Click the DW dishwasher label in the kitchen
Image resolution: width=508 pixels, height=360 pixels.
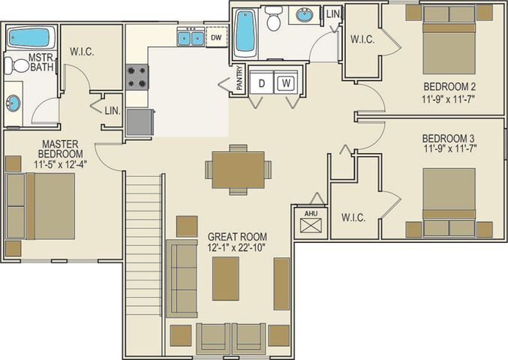216,37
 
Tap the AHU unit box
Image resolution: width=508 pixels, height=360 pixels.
311,223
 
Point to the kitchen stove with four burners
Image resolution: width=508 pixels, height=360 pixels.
137,76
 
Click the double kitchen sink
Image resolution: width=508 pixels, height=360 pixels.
190,37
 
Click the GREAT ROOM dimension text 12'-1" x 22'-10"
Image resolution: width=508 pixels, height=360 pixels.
237,246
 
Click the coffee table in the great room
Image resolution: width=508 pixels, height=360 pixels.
226,277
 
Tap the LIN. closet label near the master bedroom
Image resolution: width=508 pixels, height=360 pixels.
112,111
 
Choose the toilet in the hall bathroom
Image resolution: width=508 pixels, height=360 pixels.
274,19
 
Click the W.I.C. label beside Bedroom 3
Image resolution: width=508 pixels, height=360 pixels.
353,218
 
